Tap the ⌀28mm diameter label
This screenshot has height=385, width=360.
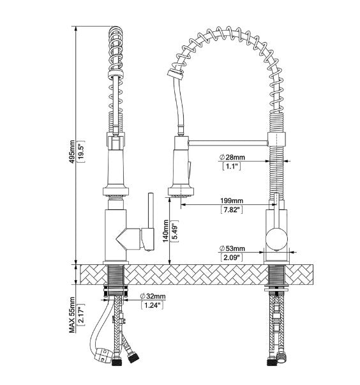(x=232, y=157)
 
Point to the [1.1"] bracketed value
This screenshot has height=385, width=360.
(x=231, y=167)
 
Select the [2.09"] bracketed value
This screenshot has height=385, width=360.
(x=231, y=257)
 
